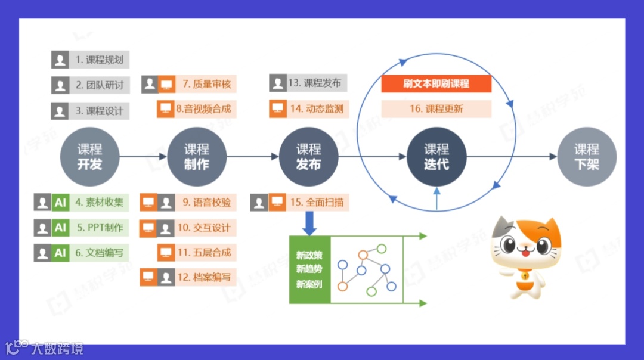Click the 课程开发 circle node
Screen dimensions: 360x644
tap(89, 157)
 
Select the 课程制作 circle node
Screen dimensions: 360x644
tap(196, 157)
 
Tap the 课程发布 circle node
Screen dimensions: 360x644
tap(308, 157)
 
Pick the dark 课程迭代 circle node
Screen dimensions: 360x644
tap(436, 157)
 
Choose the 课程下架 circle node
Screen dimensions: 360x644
tap(586, 157)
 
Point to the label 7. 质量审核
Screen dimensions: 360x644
tap(206, 84)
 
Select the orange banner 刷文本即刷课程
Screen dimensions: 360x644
tap(436, 83)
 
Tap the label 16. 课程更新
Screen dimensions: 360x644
tap(436, 108)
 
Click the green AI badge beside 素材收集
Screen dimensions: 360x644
tap(60, 202)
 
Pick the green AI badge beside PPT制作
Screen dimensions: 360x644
tap(60, 227)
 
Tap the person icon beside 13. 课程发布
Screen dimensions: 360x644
tap(277, 83)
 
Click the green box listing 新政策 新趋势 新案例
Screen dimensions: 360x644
tap(309, 269)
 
